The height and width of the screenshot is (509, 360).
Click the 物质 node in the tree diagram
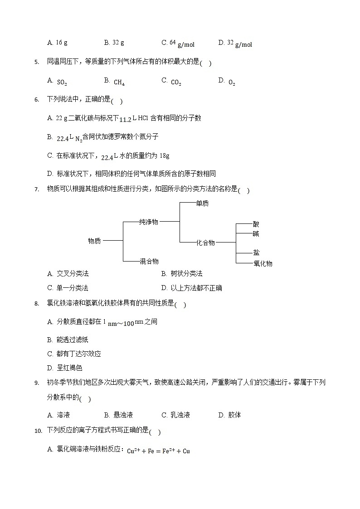pos(94,241)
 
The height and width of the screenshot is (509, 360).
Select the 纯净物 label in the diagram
pos(149,222)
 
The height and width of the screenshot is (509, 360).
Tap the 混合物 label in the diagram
pos(149,261)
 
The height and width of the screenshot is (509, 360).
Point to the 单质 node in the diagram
pos(202,204)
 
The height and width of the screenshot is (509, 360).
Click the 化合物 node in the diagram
pos(205,243)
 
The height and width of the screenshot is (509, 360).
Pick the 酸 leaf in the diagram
pos(256,224)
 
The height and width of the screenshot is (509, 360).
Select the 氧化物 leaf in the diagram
pos(263,263)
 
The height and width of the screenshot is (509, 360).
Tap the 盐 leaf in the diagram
pos(256,252)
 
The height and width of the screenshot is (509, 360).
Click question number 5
pos(37,63)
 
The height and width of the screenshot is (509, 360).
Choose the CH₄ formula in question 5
pos(119,82)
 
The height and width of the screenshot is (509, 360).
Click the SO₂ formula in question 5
pos(62,82)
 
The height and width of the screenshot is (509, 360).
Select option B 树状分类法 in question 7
pos(182,274)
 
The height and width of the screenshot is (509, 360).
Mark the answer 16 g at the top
pos(58,43)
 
